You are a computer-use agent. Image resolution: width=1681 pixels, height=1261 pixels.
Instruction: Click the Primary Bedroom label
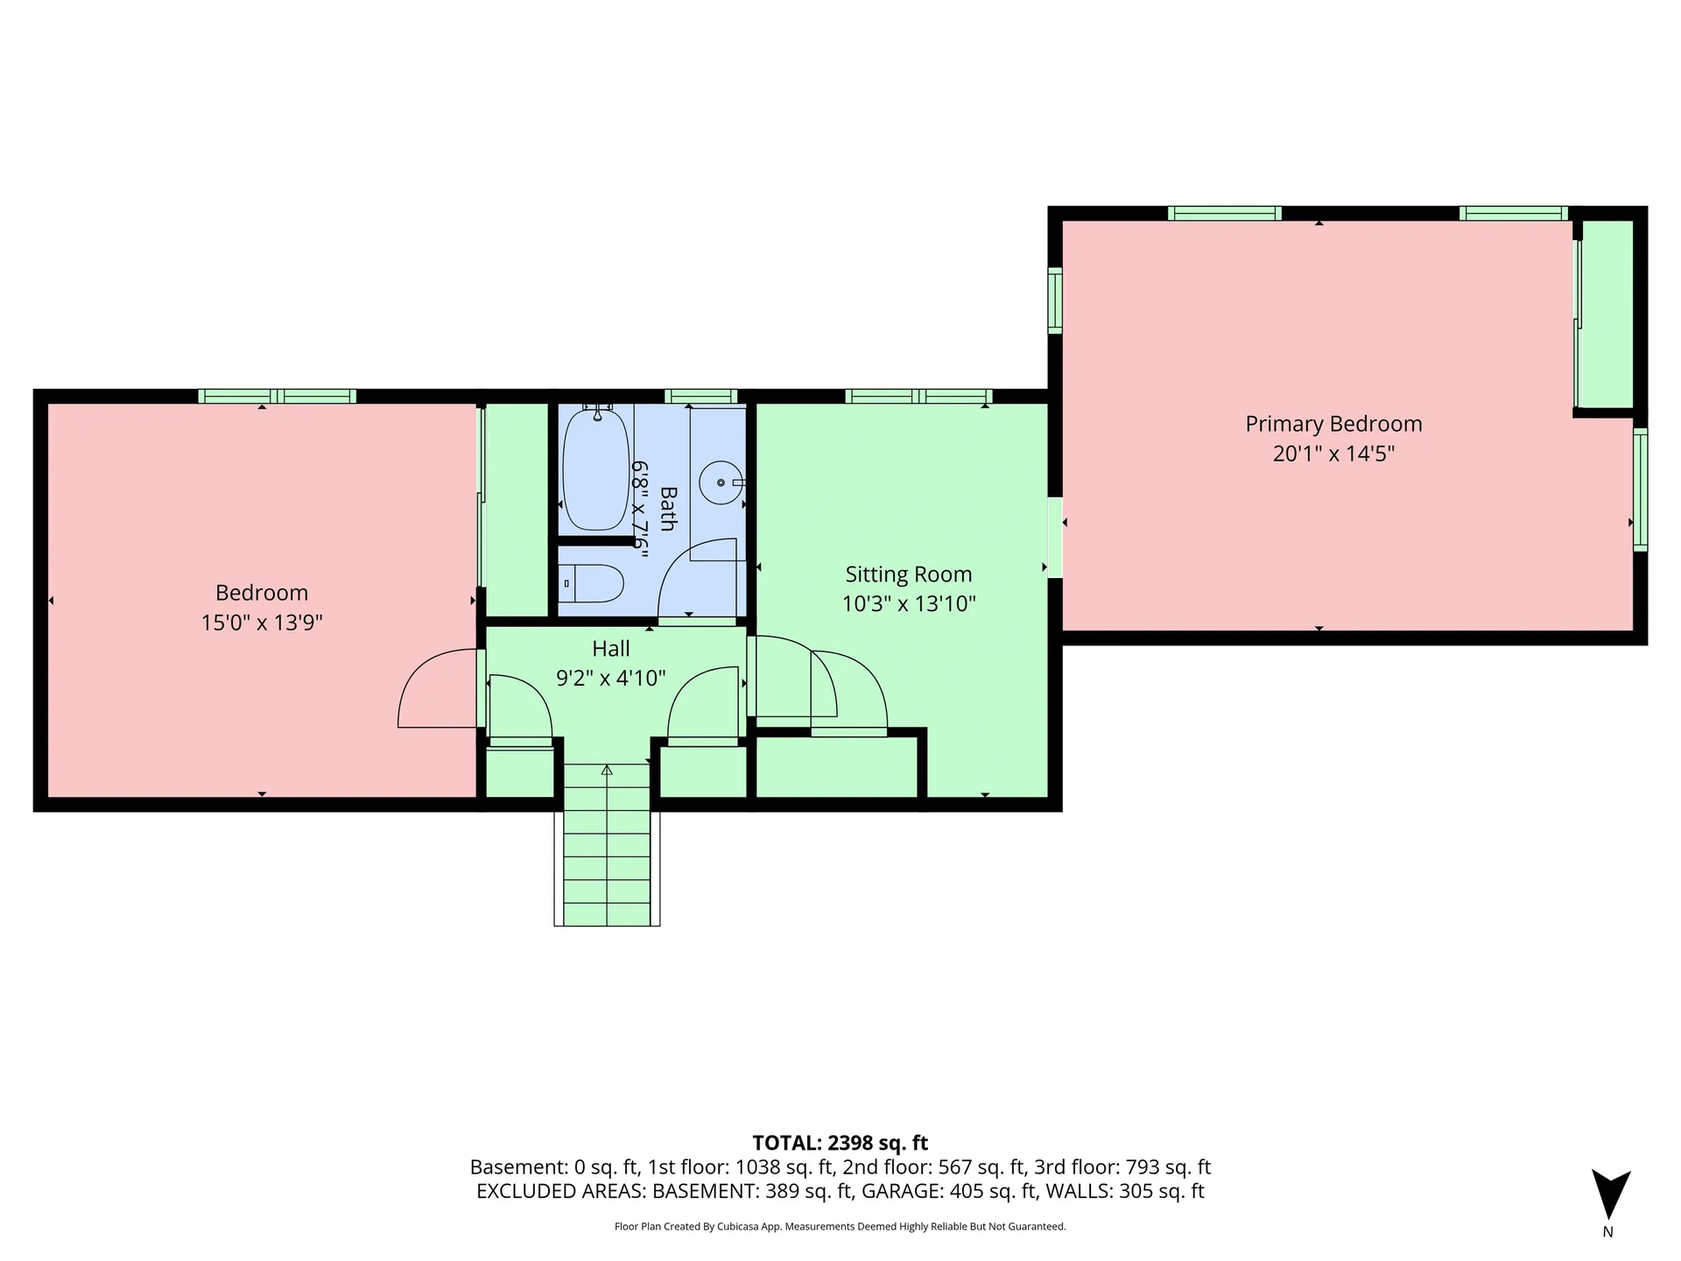point(1333,424)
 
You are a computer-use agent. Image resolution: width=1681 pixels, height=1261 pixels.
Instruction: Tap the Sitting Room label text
point(909,574)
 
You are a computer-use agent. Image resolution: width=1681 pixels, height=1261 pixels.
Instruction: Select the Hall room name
point(611,649)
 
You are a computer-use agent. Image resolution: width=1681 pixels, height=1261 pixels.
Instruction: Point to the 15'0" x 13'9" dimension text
point(262,623)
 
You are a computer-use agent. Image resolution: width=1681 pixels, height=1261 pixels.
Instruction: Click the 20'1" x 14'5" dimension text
point(1333,454)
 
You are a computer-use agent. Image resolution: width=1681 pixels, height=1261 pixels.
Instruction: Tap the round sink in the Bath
point(721,483)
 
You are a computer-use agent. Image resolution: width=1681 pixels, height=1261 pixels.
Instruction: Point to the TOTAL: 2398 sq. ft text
point(840,1143)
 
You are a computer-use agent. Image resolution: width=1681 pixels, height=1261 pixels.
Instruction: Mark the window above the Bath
point(700,397)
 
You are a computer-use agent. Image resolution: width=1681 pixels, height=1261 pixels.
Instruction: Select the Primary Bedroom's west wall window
point(1055,300)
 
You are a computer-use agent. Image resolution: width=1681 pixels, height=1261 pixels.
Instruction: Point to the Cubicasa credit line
point(840,1227)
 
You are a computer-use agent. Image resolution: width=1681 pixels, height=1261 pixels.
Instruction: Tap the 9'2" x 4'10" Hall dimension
point(611,678)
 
